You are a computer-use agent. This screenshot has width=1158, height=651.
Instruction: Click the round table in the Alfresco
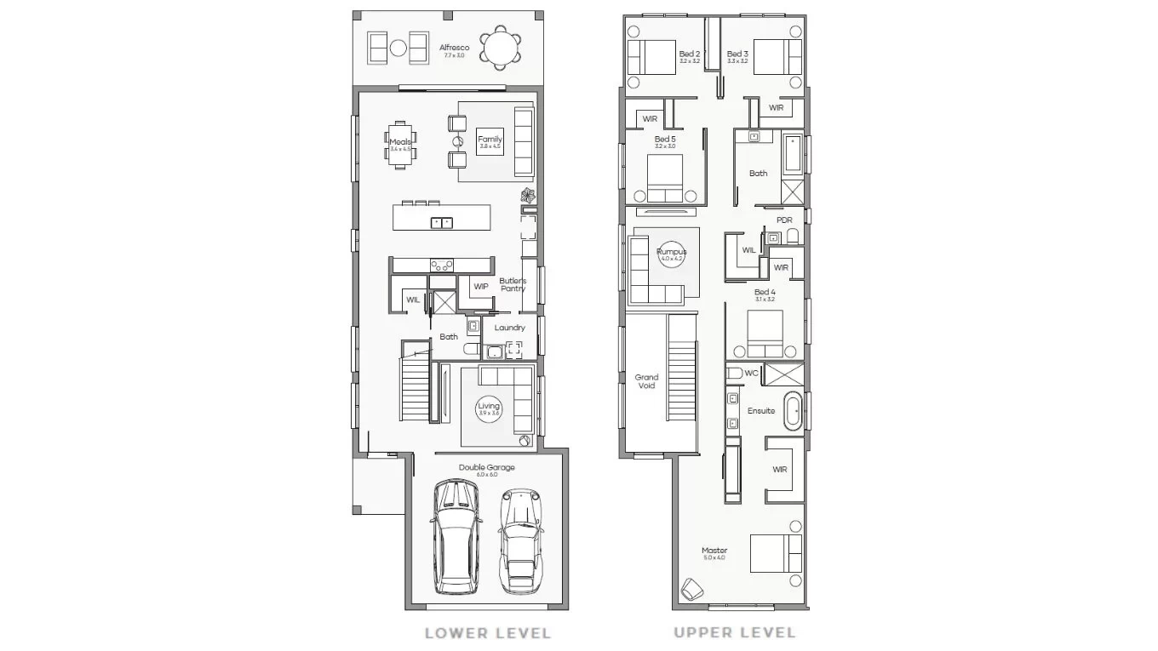(498, 48)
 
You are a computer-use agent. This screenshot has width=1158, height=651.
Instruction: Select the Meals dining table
(399, 146)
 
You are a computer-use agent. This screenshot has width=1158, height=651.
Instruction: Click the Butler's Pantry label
(513, 284)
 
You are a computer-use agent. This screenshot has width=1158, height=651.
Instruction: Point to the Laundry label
(509, 328)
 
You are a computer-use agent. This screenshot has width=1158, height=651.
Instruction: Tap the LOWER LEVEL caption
(488, 633)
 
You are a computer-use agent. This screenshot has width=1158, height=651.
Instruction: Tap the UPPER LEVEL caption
(735, 632)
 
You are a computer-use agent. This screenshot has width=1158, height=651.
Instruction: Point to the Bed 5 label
(665, 140)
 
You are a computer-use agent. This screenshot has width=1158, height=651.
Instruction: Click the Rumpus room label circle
(671, 254)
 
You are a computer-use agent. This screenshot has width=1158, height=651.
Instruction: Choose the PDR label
(784, 220)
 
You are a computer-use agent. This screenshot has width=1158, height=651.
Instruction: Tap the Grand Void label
(646, 381)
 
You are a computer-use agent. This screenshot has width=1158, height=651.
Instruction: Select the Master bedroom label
(714, 552)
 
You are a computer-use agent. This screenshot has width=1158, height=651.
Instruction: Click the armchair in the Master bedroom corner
(691, 589)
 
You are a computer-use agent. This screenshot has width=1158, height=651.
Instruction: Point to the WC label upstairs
(751, 373)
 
